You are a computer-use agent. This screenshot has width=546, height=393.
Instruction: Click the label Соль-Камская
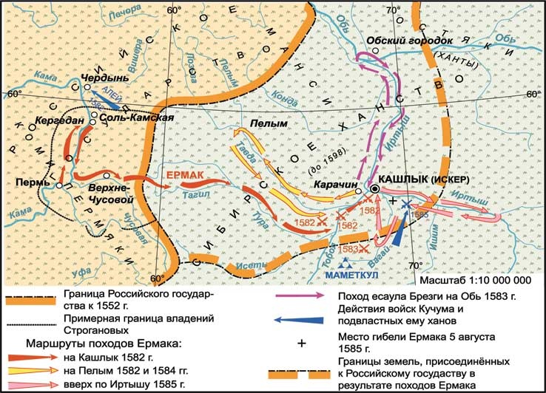pos(135,118)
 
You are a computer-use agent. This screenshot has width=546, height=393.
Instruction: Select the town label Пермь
pos(27,182)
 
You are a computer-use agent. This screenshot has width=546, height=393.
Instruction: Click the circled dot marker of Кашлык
pos(375,190)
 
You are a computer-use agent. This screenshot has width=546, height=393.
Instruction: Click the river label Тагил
pos(189,191)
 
